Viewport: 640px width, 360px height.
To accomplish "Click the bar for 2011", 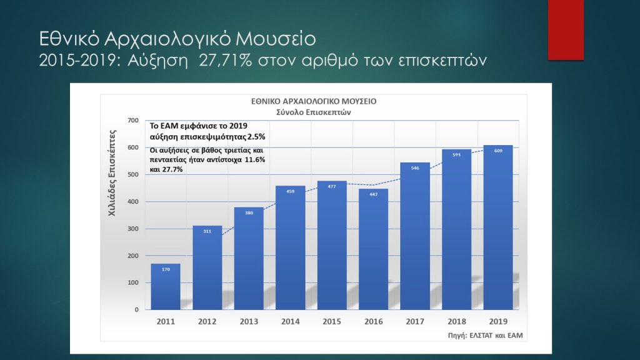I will (166, 286).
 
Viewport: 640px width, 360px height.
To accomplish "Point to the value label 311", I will (207, 232).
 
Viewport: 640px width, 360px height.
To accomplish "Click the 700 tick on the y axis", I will (132, 120).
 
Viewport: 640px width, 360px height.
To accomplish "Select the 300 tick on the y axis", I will (132, 229).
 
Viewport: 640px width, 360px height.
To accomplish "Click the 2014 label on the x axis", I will (290, 321).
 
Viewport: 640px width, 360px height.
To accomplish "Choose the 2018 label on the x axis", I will (456, 321).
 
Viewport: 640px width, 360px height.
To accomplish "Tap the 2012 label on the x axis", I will (207, 321).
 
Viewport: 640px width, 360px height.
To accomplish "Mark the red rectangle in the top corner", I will (566, 29).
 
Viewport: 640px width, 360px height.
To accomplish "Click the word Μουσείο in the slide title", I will (276, 39).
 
